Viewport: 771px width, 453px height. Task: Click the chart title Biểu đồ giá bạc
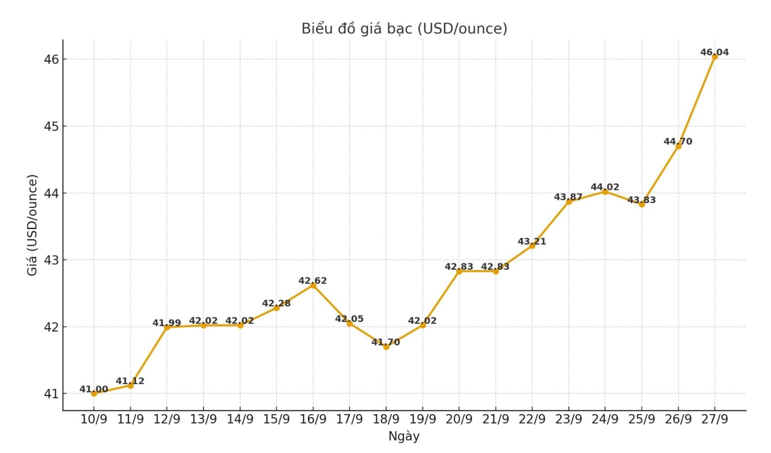click(404, 29)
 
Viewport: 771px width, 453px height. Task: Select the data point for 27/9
click(715, 57)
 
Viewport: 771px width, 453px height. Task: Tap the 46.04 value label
click(715, 52)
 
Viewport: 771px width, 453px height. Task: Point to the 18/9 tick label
click(386, 419)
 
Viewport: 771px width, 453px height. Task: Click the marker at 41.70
click(386, 347)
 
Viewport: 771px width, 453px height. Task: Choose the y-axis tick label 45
click(51, 126)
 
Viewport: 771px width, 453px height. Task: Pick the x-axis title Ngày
click(404, 436)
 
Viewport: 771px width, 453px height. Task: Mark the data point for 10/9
click(94, 393)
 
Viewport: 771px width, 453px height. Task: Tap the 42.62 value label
click(313, 281)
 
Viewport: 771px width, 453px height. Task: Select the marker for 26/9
click(678, 146)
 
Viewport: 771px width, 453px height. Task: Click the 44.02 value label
click(605, 187)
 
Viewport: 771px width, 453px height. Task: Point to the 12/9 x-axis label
click(167, 419)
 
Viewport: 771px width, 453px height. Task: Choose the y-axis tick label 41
click(51, 394)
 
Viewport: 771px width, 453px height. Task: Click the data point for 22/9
click(532, 246)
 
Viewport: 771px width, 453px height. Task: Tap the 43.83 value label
click(641, 200)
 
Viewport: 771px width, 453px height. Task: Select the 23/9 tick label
click(569, 419)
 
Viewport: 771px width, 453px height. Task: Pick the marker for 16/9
click(313, 286)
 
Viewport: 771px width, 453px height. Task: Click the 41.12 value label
click(130, 381)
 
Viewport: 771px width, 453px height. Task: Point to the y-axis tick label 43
click(51, 260)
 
